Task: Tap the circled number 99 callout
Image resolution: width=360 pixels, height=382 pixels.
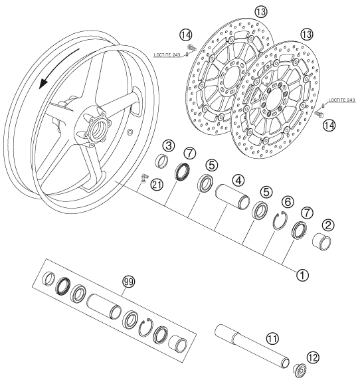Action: (x=128, y=282)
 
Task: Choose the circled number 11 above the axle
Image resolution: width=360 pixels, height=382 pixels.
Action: (x=272, y=337)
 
